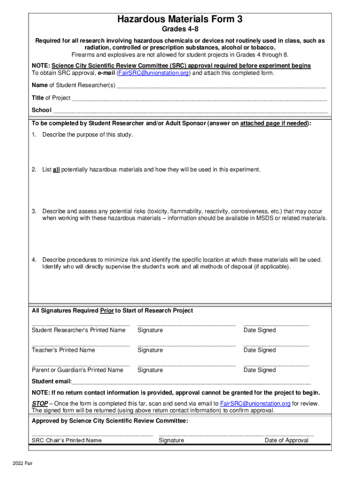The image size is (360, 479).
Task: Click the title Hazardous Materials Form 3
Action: click(180, 19)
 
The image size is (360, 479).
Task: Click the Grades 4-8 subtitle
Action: click(180, 30)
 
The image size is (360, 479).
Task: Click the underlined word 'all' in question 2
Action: click(56, 170)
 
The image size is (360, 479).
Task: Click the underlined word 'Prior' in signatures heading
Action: click(107, 311)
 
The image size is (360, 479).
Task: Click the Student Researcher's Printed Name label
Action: click(79, 330)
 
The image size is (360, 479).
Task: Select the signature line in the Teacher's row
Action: click(186, 345)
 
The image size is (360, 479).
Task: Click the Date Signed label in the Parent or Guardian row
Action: click(259, 370)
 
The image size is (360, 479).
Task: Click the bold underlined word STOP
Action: click(40, 404)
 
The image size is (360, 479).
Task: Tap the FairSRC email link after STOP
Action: click(255, 404)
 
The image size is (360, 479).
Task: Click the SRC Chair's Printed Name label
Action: click(66, 440)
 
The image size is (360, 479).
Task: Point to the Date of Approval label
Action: click(286, 440)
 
